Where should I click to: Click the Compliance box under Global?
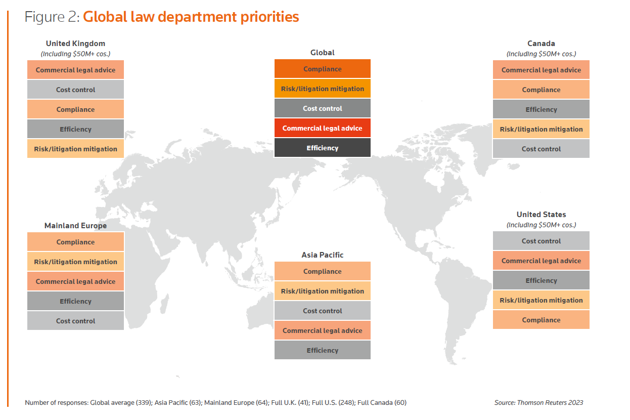coord(322,69)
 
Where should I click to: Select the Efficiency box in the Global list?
coord(322,148)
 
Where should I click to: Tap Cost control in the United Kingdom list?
coord(75,90)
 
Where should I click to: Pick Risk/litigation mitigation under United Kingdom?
coord(75,149)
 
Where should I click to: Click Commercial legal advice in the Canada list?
coord(541,70)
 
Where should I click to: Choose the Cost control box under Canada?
coord(541,149)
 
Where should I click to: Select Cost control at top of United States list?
coord(541,241)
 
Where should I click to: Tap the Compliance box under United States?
coord(541,320)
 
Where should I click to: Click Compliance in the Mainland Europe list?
coord(75,242)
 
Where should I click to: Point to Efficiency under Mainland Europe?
coord(75,302)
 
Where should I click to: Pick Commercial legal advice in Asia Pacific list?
coord(322,331)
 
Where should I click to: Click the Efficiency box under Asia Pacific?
coord(322,351)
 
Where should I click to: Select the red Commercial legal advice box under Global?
coord(322,129)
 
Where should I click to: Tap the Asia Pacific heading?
coord(322,255)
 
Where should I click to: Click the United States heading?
coord(541,215)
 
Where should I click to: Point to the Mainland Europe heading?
coord(75,226)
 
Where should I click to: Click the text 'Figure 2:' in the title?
coord(52,17)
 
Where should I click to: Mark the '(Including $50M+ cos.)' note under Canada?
coord(541,54)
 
